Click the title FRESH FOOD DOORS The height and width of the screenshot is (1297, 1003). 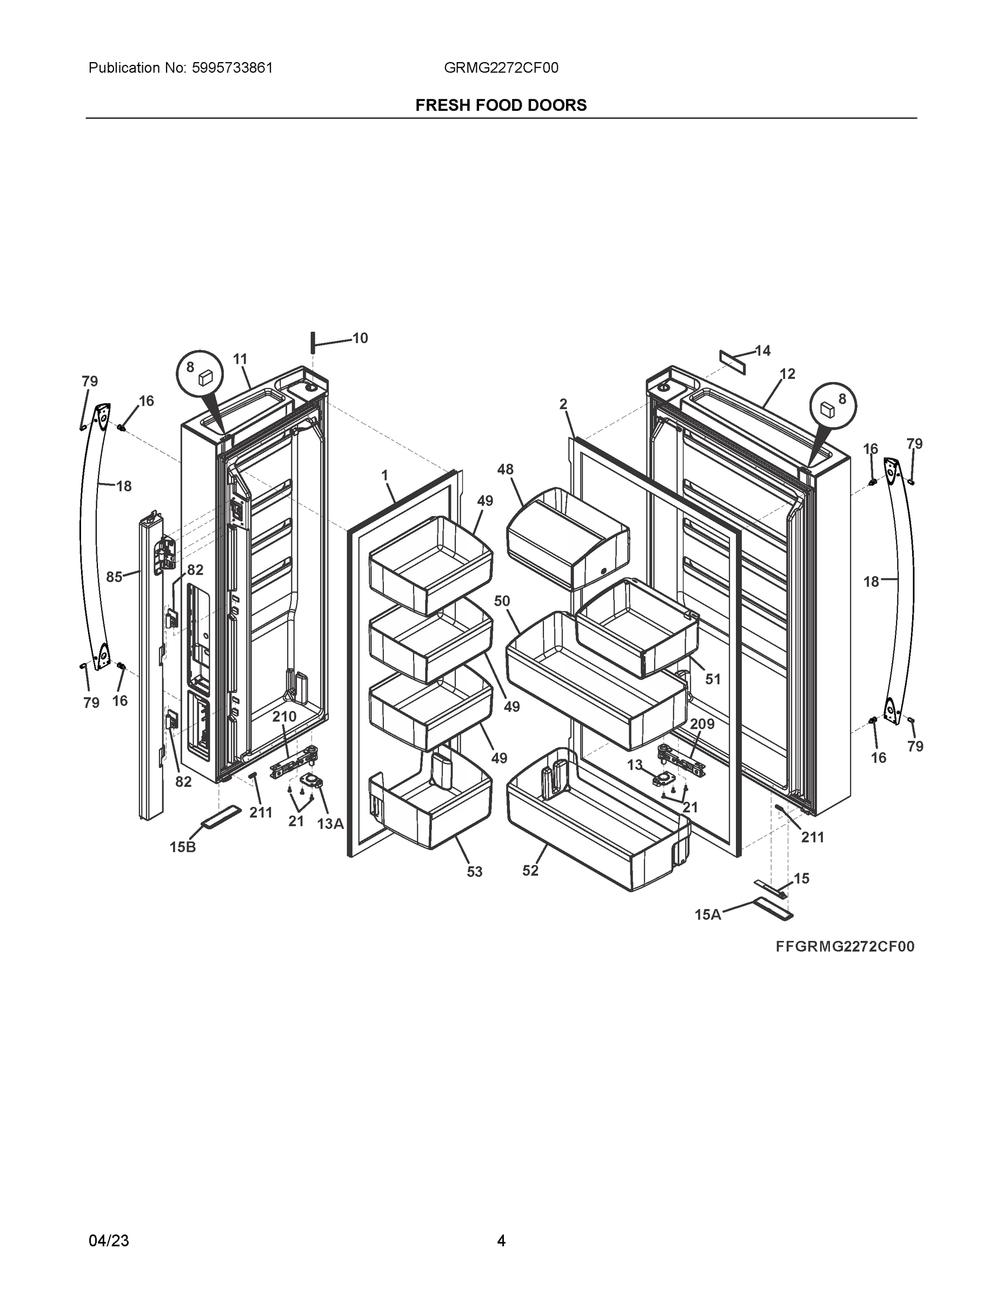[501, 105]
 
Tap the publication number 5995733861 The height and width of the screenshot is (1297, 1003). [233, 68]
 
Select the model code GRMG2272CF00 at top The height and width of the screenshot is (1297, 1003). [501, 68]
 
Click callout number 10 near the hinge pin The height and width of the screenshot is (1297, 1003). [360, 338]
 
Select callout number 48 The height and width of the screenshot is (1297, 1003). [505, 469]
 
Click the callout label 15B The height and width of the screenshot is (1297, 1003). [182, 847]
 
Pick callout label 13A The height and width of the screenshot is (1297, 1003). [330, 824]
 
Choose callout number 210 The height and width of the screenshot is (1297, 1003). [284, 717]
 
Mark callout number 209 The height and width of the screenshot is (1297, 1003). [702, 724]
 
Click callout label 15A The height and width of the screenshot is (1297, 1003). [708, 915]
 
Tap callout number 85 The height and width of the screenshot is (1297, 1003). [114, 577]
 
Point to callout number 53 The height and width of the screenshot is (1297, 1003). [474, 872]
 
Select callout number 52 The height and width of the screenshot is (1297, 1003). [530, 871]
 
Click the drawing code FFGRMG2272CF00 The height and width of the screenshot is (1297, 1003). [845, 947]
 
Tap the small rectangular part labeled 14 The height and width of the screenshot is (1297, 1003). [732, 361]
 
